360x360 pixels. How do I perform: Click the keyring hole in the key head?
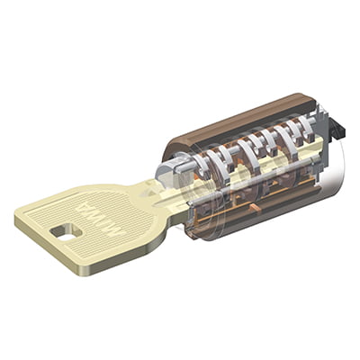pos(66,231)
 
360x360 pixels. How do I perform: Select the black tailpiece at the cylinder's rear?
pos(337,129)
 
